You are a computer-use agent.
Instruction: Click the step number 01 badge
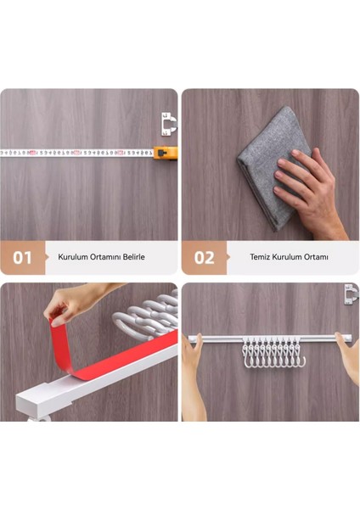[22, 257]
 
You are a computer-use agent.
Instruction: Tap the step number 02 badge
[204, 257]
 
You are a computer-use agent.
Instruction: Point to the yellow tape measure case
[167, 153]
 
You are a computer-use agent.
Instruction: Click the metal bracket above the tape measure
[169, 125]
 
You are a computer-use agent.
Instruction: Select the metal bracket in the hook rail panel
[351, 294]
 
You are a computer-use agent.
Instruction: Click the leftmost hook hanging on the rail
[247, 361]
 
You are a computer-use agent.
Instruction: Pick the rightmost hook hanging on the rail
[298, 361]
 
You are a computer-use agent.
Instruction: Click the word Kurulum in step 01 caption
[75, 256]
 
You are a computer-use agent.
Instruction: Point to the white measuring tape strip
[76, 153]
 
